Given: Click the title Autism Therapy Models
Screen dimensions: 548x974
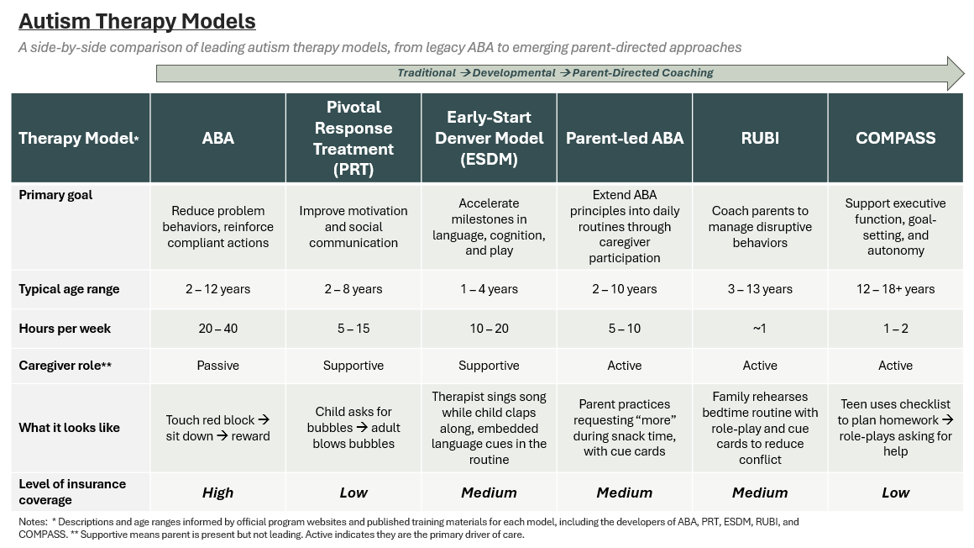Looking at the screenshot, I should pos(137,21).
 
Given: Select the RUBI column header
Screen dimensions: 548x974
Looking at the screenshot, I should pos(760,138).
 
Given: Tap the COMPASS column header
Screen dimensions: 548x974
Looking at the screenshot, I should pos(895,138).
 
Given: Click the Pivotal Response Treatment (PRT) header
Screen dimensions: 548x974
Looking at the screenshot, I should pos(353,138).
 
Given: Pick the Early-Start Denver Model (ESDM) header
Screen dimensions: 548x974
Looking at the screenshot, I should pos(489,138).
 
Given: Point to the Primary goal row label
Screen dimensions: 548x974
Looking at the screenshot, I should pos(55,195).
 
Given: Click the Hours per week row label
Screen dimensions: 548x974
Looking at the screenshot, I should pos(65,329).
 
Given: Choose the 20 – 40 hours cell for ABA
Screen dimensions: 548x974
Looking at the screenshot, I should pos(217,329).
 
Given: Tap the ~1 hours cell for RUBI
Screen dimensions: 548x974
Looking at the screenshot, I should pos(760,329).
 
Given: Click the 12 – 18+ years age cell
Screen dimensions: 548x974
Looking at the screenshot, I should pos(895,289).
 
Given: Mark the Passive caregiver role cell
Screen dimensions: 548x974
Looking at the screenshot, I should pos(217,366).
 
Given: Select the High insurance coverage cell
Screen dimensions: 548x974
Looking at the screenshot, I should pos(217,493).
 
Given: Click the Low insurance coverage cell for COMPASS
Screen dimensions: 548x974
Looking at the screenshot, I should pos(895,493).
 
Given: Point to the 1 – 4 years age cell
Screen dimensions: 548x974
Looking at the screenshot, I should pos(489,289).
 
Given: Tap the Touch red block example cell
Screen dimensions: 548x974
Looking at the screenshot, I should pos(217,428).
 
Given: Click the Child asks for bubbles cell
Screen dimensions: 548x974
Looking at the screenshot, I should pos(353,428).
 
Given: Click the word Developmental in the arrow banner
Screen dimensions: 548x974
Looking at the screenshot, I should pos(514,73).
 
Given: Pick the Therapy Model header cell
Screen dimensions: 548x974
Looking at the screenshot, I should pos(79,139).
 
